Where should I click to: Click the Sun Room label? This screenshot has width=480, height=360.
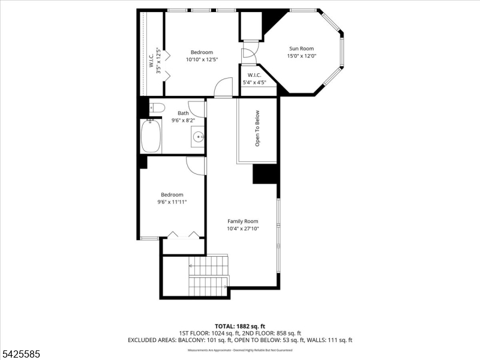coord(301,49)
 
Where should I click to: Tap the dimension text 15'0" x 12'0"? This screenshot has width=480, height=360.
coord(301,56)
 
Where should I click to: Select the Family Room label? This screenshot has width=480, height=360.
coord(242,221)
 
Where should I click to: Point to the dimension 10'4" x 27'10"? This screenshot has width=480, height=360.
coord(242,229)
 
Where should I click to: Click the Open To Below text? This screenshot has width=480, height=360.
coord(257,128)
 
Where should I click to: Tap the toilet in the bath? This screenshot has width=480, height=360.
coord(157,108)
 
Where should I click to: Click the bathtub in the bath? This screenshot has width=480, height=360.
coord(151,136)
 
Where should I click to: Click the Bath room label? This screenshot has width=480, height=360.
coord(183,113)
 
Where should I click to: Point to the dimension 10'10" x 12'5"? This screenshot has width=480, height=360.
coord(202,59)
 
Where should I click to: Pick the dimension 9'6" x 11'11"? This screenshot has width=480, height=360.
coord(172,202)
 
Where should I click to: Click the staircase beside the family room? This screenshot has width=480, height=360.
coord(208,276)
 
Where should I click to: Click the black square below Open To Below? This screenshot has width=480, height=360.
coord(264,174)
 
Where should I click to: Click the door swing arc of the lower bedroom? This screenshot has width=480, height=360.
coord(194,164)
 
